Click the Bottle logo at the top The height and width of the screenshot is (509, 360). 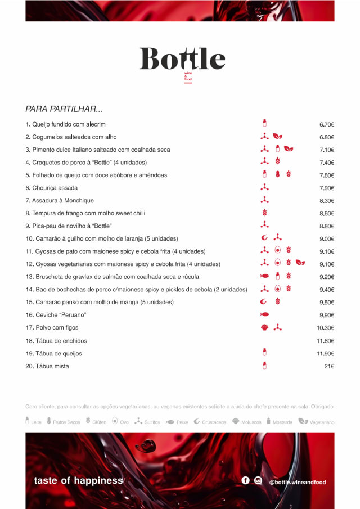click(182, 60)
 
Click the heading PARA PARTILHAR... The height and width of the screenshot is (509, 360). click(64, 109)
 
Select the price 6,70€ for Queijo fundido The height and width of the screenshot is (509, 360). click(327, 124)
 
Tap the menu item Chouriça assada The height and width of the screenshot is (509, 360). click(55, 188)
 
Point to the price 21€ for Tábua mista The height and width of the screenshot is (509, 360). click(329, 366)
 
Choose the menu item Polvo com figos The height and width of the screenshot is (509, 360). click(52, 327)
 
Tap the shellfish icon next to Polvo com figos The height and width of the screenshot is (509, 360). click(264, 327)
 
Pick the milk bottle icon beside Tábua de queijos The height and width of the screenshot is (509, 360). click(264, 353)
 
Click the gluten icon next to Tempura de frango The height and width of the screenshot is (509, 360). click(264, 213)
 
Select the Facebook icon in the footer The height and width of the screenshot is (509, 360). click(245, 480)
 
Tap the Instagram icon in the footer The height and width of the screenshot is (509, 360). click(258, 480)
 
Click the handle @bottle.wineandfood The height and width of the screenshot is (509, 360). click(298, 482)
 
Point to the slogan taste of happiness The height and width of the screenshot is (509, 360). click(78, 480)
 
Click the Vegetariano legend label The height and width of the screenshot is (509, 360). click(322, 422)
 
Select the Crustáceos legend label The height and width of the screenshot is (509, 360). click(214, 422)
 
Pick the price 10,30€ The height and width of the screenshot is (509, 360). click(326, 328)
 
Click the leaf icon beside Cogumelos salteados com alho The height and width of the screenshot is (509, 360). click(278, 137)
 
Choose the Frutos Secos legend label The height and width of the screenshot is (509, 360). click(66, 422)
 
